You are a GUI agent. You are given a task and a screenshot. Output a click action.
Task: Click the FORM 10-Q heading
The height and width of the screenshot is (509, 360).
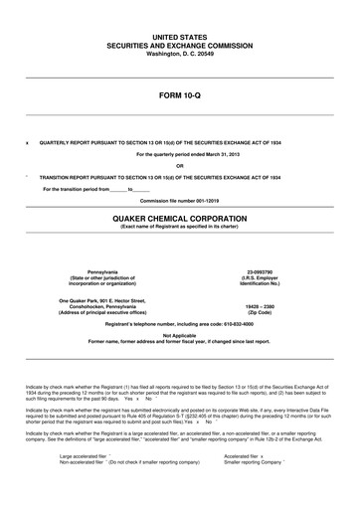(179, 99)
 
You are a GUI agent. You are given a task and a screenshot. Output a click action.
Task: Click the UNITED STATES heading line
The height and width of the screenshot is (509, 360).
(179, 36)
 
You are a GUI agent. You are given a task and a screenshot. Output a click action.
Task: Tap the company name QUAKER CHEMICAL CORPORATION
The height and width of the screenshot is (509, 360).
(179, 214)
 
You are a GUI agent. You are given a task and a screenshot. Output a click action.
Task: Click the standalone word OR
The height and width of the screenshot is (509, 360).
(179, 165)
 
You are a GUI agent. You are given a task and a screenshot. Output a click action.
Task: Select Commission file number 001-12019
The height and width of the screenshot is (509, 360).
(179, 200)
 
